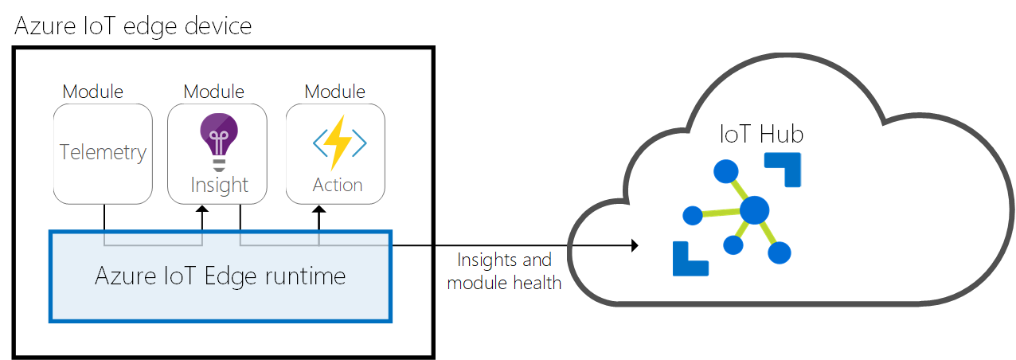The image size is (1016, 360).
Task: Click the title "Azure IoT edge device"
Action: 133,25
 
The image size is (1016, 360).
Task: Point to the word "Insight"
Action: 219,185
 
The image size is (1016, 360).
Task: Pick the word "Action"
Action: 338,185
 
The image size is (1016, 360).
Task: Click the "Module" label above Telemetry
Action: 93,92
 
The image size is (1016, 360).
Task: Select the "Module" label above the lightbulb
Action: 213,92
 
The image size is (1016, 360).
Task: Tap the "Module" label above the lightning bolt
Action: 335,92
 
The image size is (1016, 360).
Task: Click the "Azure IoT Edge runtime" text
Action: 221,276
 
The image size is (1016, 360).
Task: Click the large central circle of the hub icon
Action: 753,211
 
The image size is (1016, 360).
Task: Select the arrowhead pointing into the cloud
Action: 635,245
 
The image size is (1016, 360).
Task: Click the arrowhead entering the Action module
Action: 319,209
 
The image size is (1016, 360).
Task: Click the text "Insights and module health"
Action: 504,271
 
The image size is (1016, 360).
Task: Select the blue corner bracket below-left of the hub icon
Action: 690,258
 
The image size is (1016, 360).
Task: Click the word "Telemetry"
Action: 103,152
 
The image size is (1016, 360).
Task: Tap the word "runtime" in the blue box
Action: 307,276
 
